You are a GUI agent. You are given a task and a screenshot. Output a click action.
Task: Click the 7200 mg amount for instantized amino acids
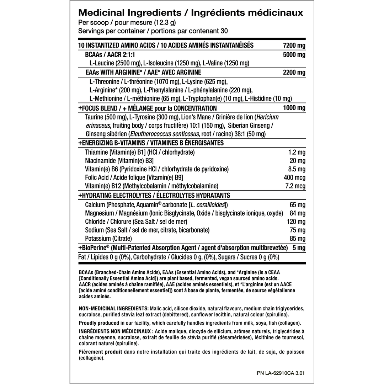click(294, 45)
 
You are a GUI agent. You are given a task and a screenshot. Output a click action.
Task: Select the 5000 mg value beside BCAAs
click(294, 55)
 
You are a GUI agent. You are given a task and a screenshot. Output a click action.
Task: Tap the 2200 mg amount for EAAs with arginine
click(294, 73)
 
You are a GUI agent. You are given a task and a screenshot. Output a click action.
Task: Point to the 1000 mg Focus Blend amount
click(294, 108)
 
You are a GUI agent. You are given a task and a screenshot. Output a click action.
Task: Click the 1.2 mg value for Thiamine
click(297, 152)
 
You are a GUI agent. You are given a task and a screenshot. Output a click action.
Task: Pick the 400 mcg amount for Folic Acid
click(295, 177)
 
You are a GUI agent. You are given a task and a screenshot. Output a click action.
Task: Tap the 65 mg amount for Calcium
click(298, 205)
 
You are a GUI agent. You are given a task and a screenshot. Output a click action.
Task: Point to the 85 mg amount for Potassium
click(298, 239)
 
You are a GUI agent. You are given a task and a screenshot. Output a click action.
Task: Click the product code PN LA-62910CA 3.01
click(281, 373)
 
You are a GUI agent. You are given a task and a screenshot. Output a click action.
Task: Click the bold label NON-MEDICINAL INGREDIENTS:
click(113, 308)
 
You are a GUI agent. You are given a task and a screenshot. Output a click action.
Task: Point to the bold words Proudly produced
click(98, 323)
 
